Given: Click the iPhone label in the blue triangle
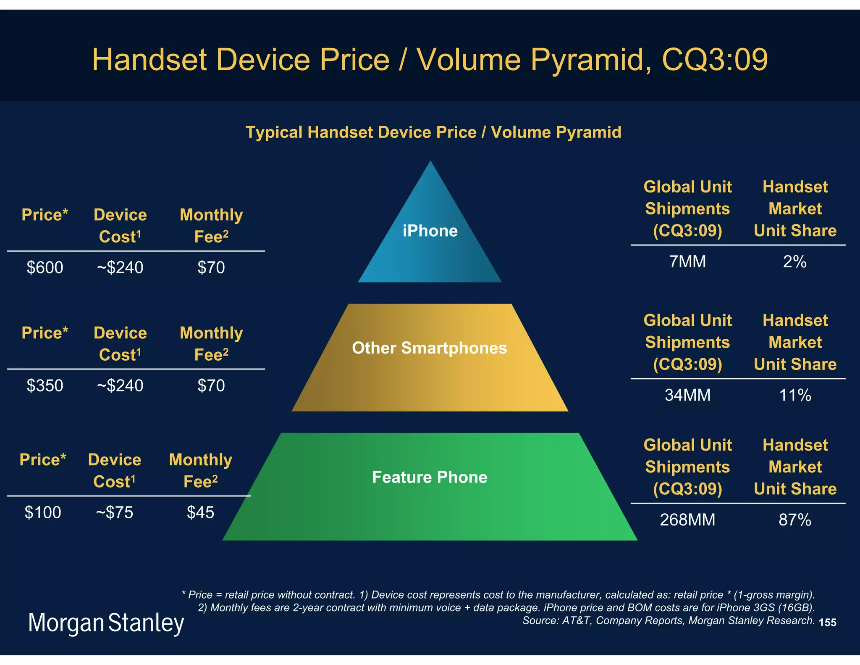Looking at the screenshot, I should [430, 231].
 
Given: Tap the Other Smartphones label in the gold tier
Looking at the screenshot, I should [430, 348].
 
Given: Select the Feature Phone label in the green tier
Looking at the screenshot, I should [430, 477].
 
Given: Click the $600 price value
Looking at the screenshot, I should [45, 267].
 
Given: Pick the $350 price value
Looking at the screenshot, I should [45, 385].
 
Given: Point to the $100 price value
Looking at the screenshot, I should [43, 512].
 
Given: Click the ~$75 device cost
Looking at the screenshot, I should [115, 512].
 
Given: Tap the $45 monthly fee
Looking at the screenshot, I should [201, 512].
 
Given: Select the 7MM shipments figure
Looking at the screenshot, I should [687, 261].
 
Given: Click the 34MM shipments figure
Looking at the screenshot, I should [687, 395].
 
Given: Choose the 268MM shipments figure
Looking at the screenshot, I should [687, 520].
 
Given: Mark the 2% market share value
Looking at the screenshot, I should [794, 261].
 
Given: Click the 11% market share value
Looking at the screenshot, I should [795, 395].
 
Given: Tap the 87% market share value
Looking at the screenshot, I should [795, 520].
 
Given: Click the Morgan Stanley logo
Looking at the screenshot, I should [106, 623].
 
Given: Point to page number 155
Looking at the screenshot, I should [827, 623].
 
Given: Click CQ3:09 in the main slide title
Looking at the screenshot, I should [715, 60].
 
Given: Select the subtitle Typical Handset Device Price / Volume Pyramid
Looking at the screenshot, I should [433, 132].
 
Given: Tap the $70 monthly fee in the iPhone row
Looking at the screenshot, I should [211, 267].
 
